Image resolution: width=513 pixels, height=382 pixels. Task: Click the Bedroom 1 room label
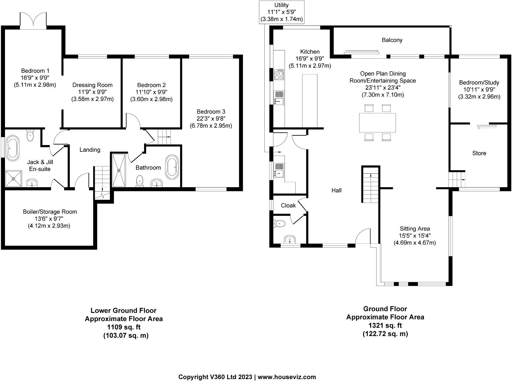pyautogui.click(x=35, y=71)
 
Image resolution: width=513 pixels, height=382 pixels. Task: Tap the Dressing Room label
pyautogui.click(x=93, y=85)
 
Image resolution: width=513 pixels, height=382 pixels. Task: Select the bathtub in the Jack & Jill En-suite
pyautogui.click(x=13, y=148)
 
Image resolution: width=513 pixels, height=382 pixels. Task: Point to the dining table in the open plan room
pyautogui.click(x=377, y=122)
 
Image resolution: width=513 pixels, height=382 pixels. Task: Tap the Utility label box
pyautogui.click(x=282, y=12)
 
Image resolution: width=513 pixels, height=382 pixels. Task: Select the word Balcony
pyautogui.click(x=392, y=40)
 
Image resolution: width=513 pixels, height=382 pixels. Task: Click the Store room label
pyautogui.click(x=479, y=153)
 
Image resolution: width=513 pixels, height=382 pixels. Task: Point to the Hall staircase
pyautogui.click(x=371, y=184)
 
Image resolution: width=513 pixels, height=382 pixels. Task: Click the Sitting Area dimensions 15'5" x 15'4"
pyautogui.click(x=415, y=236)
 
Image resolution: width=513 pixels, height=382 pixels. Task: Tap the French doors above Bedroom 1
pyautogui.click(x=33, y=20)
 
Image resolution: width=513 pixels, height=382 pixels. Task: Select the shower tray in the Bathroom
pyautogui.click(x=119, y=170)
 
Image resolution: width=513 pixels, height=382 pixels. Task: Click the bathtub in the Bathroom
pyautogui.click(x=172, y=167)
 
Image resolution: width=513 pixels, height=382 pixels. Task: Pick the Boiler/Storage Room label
pyautogui.click(x=50, y=212)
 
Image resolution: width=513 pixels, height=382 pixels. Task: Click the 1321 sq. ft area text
pyautogui.click(x=385, y=325)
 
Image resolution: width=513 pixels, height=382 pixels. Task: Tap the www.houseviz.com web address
pyautogui.click(x=287, y=377)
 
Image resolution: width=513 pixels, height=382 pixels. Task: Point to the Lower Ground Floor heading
pyautogui.click(x=124, y=311)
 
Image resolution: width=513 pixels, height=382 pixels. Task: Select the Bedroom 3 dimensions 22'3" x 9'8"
pyautogui.click(x=211, y=119)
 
